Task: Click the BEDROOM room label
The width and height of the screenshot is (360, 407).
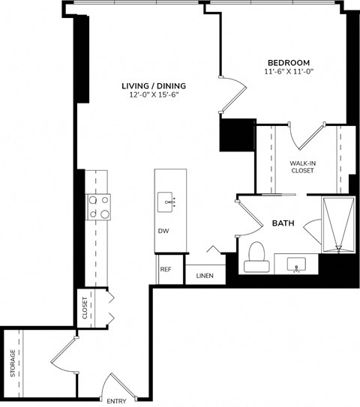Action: click(289, 62)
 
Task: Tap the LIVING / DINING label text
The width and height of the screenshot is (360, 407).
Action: click(154, 86)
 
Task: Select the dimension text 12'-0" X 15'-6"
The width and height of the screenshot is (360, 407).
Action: click(154, 95)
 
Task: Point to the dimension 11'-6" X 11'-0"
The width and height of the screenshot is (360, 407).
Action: click(289, 72)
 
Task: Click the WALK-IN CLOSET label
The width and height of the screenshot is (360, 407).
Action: click(302, 166)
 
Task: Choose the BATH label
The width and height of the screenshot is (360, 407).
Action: click(282, 223)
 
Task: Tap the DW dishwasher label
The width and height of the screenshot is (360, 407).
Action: click(163, 231)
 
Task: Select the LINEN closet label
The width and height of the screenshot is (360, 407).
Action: click(205, 276)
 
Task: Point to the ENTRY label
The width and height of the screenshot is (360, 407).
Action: click(115, 401)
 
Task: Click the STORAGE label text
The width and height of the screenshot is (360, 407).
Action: click(13, 364)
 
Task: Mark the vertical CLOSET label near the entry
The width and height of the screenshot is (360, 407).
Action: click(85, 307)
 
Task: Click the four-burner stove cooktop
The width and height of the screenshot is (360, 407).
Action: click(99, 206)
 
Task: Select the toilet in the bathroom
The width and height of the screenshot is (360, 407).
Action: click(255, 256)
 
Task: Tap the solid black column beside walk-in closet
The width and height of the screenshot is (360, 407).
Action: click(233, 136)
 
